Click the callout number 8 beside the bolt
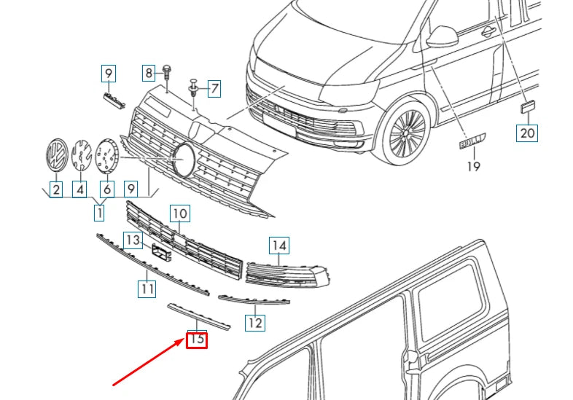(x=149, y=73)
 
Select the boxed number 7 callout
(x=214, y=89)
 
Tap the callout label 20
(x=527, y=133)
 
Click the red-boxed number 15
(x=197, y=339)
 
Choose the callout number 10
(x=179, y=213)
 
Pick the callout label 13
(x=132, y=240)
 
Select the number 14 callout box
(x=279, y=246)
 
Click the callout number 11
(x=147, y=289)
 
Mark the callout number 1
(x=98, y=213)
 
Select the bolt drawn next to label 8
(x=166, y=73)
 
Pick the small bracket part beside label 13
(x=160, y=252)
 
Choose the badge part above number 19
(x=472, y=141)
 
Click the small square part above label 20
(x=527, y=107)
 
